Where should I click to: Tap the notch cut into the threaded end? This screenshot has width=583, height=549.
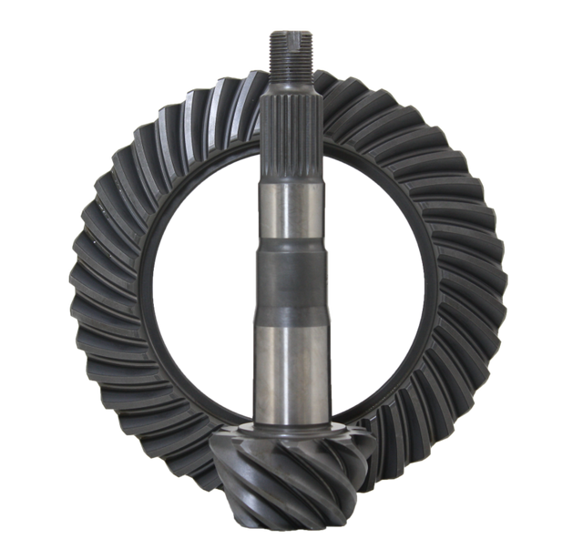click(x=291, y=36)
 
